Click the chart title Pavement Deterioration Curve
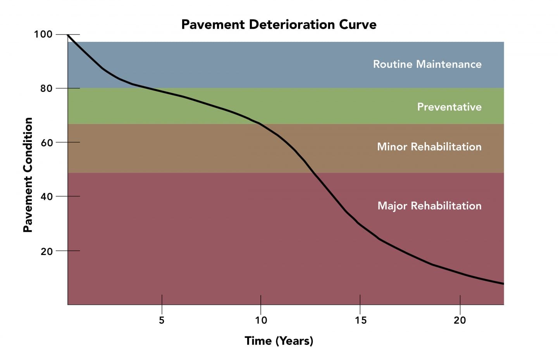pos(279,24)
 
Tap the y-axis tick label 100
pos(43,34)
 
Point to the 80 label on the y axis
pos(46,88)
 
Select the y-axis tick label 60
pos(46,143)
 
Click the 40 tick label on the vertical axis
pos(46,196)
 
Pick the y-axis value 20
pos(46,251)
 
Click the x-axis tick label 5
pos(162,320)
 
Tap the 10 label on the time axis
pos(261,320)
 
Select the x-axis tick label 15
pos(360,320)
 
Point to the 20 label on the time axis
pos(460,320)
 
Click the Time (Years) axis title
pos(279,341)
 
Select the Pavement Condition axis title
pos(28,175)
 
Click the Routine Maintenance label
pos(427,64)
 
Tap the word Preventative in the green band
pos(449,107)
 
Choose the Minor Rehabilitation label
pos(429,146)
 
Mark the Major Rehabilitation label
pos(429,205)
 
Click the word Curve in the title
pos(358,24)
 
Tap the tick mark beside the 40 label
pos(68,196)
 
